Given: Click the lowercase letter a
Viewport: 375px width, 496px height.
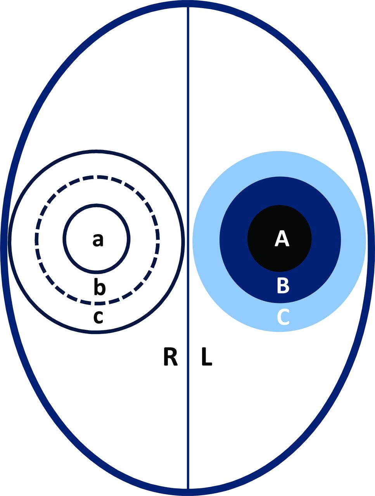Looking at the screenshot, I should (x=98, y=241).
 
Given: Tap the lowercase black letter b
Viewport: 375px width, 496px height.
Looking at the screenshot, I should (x=99, y=287).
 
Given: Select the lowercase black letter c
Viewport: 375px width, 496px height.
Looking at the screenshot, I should (x=99, y=317).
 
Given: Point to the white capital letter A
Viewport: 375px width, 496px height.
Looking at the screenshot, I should (x=282, y=238).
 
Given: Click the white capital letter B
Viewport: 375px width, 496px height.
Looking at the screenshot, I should (x=283, y=286).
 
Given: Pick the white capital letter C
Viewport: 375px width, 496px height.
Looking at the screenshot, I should (x=283, y=317).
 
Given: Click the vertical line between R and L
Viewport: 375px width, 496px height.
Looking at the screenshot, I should (x=188, y=155).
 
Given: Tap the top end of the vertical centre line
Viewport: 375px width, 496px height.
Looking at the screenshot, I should (x=188, y=8).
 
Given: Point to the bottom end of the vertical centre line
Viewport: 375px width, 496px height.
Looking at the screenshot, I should (x=188, y=487).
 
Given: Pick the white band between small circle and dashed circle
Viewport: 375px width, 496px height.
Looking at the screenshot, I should (x=50, y=240).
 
